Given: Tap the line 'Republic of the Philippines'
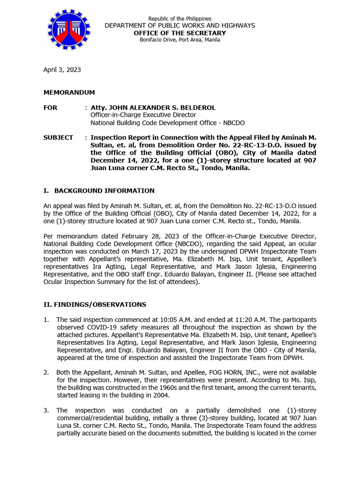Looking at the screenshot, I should point(180,18).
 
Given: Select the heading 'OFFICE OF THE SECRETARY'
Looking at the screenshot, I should point(180,33).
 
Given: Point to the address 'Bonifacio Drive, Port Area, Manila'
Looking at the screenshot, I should point(180,40).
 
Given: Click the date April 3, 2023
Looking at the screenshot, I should point(62,69).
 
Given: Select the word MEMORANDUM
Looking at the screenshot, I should point(69,92).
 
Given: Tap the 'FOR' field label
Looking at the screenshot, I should point(51,107).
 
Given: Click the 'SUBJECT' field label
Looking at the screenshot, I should point(58,137).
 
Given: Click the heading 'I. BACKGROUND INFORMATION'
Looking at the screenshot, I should point(99,190).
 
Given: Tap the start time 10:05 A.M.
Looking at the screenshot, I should point(178,320).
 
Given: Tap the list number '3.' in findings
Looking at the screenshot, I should point(46,410).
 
